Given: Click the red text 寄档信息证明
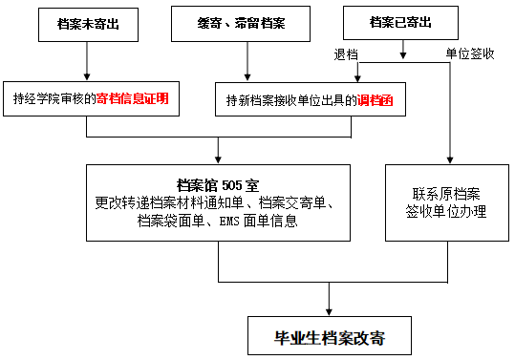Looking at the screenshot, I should [145, 97].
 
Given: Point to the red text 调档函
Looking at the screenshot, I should [376, 99].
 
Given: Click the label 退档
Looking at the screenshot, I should [346, 54].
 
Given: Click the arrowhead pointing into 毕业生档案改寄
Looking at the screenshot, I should [330, 312].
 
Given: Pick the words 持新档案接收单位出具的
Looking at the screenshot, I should [291, 99].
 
